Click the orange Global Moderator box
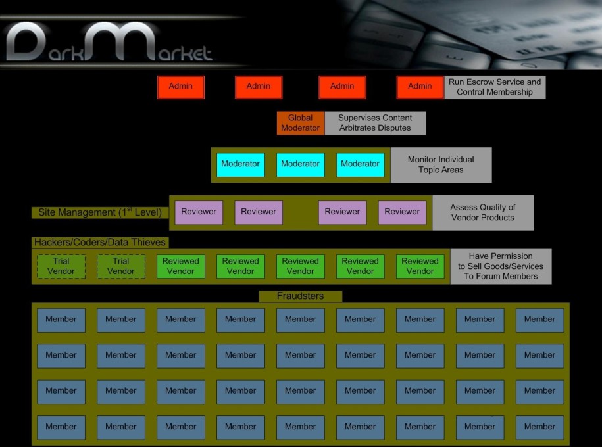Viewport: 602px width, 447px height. (300, 123)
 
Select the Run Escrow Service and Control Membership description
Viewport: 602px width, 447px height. (495, 87)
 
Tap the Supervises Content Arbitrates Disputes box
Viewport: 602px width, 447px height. (375, 123)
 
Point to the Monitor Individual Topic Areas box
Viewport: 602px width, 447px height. (441, 165)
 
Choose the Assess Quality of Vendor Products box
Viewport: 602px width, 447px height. (483, 212)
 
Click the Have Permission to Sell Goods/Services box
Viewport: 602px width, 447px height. (501, 266)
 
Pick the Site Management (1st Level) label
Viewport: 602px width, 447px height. (100, 212)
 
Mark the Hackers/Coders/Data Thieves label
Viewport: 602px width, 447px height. (100, 242)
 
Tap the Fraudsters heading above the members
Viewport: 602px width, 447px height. (300, 296)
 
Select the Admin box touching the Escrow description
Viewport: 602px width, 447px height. (420, 87)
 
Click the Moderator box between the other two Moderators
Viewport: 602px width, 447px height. (300, 165)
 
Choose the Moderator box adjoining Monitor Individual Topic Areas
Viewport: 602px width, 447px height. (360, 165)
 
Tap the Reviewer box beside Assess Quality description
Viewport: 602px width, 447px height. (402, 212)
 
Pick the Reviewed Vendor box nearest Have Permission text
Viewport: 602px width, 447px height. (420, 266)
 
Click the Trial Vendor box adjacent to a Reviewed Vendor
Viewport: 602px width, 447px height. (121, 266)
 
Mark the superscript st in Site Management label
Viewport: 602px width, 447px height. (130, 209)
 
